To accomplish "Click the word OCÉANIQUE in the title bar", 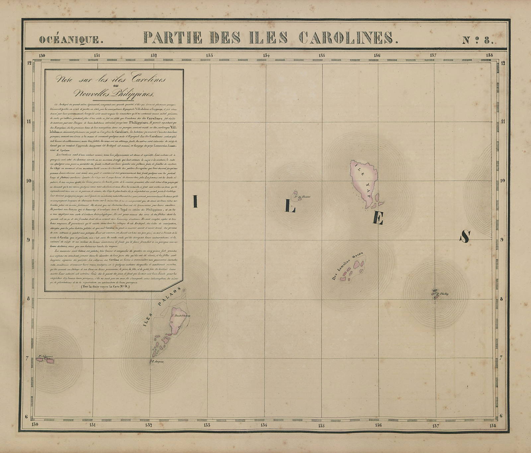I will (69, 40).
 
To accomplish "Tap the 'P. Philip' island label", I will (442, 294).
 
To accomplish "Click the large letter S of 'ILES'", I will (465, 236).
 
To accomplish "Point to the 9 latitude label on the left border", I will (29, 239).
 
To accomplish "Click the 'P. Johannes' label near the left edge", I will (46, 357).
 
